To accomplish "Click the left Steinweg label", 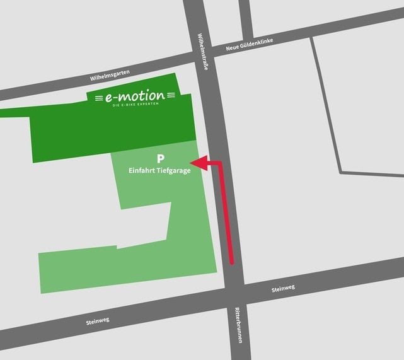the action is click(98, 321).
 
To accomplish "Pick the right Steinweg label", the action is click(283, 289).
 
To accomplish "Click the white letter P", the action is click(160, 158).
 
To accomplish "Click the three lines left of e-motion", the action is click(97, 98).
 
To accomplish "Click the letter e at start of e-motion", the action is click(109, 98).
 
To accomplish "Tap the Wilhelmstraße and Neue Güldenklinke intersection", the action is click(204, 52).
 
